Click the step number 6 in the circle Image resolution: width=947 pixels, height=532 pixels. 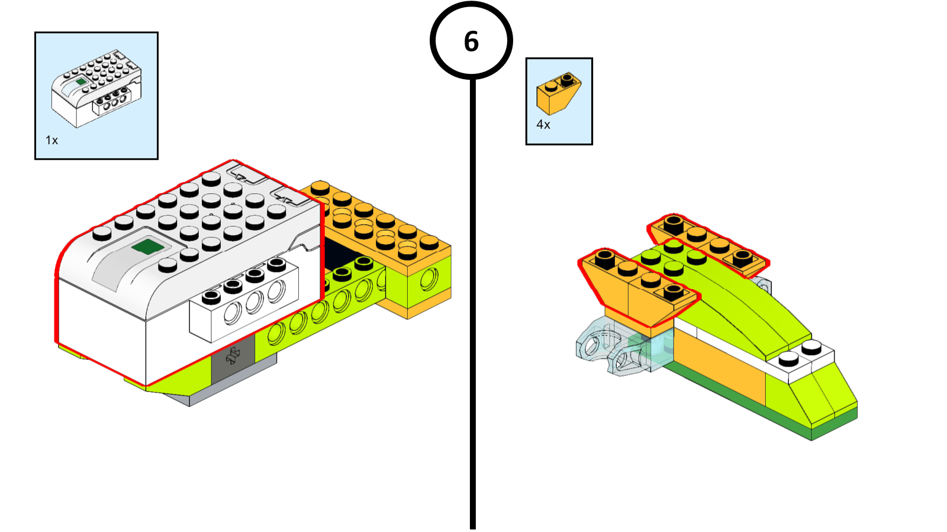pyautogui.click(x=471, y=41)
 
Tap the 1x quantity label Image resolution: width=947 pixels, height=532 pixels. pyautogui.click(x=51, y=140)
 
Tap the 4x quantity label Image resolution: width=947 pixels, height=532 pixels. pyautogui.click(x=543, y=125)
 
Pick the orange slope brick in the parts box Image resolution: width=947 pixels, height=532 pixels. pyautogui.click(x=558, y=94)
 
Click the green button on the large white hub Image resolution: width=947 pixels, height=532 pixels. pyautogui.click(x=146, y=246)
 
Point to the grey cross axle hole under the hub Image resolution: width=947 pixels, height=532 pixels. pyautogui.click(x=233, y=356)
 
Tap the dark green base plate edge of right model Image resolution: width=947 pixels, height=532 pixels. pyautogui.click(x=740, y=402)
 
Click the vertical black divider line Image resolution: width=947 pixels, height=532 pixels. pyautogui.click(x=472, y=296)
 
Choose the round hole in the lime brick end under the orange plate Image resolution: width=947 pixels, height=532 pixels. pyautogui.click(x=430, y=279)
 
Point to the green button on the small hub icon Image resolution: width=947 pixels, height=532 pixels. pyautogui.click(x=81, y=82)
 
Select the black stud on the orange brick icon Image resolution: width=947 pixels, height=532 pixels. pyautogui.click(x=567, y=78)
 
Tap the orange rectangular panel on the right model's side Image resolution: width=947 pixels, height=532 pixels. pyautogui.click(x=719, y=364)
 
